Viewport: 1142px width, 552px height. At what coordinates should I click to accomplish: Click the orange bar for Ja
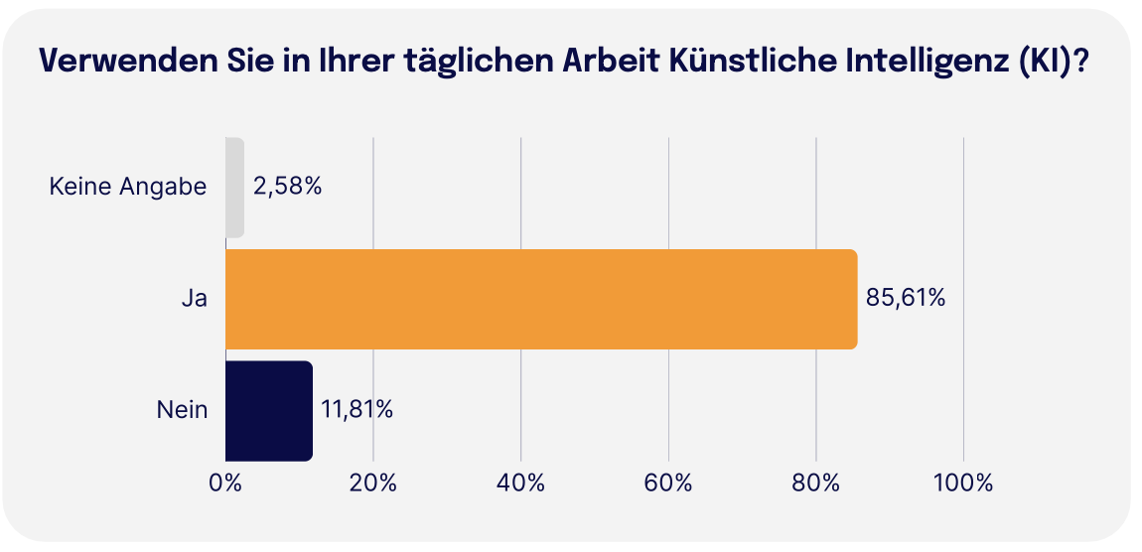[x=541, y=299]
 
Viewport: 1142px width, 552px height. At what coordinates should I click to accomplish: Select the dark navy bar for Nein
[x=269, y=410]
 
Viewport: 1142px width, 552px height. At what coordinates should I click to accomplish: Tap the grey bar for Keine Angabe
[x=234, y=188]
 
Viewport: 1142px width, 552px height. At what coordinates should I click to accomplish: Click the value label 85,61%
[x=905, y=298]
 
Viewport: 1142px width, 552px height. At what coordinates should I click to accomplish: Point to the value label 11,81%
[x=357, y=409]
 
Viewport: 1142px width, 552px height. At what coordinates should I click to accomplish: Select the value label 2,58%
[x=288, y=187]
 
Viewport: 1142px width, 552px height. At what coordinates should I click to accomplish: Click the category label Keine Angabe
[x=128, y=187]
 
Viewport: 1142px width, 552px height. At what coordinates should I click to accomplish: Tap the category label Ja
[x=195, y=298]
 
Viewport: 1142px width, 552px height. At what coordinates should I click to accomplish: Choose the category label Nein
[x=182, y=409]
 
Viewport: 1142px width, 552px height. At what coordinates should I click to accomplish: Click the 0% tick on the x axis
[x=225, y=483]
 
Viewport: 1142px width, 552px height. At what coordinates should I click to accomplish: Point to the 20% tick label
[x=373, y=483]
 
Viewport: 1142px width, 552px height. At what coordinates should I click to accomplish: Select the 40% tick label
[x=520, y=483]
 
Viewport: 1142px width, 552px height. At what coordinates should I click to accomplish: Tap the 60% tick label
[x=668, y=483]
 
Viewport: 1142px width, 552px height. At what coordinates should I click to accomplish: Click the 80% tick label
[x=815, y=483]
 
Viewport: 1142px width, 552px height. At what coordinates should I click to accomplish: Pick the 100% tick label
[x=963, y=483]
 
